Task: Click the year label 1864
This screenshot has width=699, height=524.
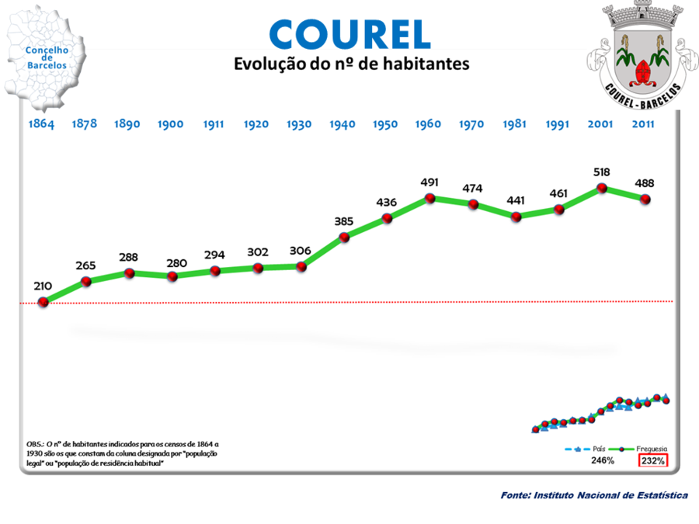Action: (42, 124)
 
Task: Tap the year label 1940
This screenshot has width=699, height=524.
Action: (343, 124)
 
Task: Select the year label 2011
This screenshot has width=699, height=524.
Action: (644, 124)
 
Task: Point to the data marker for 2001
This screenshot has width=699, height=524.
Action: (601, 188)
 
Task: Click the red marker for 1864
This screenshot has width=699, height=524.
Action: (43, 302)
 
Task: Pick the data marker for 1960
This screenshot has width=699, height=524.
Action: (429, 199)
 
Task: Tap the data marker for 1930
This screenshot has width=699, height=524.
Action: (301, 266)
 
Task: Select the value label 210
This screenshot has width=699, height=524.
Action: (43, 286)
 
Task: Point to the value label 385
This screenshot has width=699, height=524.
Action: (344, 221)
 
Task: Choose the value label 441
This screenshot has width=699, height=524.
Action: (516, 200)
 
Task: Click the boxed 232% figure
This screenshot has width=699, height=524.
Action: (652, 460)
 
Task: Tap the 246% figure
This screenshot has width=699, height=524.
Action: (602, 460)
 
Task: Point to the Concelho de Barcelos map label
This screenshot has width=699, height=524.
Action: (47, 57)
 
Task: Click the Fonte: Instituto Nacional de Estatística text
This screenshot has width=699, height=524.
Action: (594, 495)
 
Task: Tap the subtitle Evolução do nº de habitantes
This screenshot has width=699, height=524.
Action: (352, 64)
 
